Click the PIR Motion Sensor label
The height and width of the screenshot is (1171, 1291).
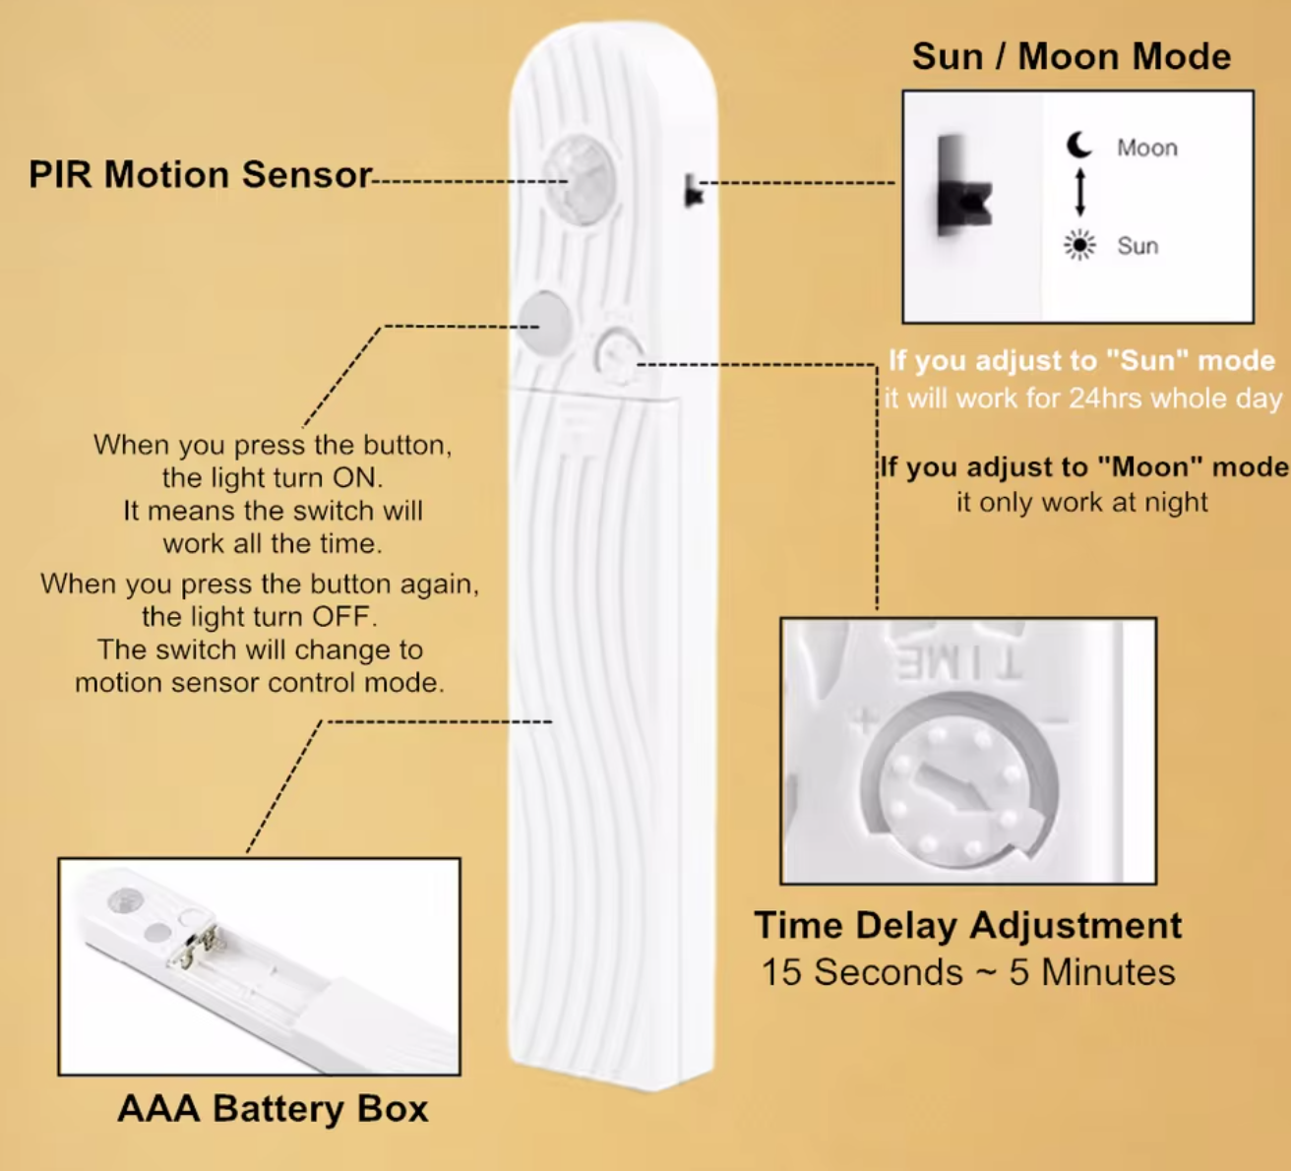tap(200, 174)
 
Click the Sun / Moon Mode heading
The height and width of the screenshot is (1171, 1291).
tap(1071, 56)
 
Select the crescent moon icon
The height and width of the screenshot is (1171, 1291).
tap(1079, 146)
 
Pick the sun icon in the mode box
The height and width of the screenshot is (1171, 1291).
tap(1079, 245)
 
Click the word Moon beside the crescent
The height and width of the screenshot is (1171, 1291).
tap(1146, 148)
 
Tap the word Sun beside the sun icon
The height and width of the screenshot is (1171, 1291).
tap(1137, 246)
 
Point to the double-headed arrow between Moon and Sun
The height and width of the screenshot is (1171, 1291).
tap(1079, 193)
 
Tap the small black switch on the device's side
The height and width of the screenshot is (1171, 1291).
tap(693, 192)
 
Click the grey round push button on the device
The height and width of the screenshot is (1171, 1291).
tap(546, 322)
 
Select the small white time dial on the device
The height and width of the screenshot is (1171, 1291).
tap(617, 353)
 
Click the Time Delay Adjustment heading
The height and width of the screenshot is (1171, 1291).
tap(967, 925)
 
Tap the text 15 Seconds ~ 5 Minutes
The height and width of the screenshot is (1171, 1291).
tap(967, 972)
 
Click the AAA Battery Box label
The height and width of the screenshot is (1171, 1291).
tap(273, 1108)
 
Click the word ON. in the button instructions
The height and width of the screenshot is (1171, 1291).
tap(357, 478)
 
